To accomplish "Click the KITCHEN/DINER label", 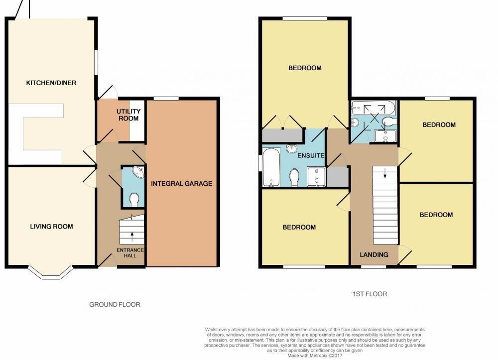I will (51, 83).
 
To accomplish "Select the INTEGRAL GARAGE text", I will (182, 184).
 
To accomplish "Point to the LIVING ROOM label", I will (51, 227).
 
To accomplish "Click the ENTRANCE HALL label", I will (130, 253).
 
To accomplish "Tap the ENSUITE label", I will (311, 156).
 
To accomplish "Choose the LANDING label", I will (374, 254).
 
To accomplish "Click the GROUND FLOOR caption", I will (115, 304).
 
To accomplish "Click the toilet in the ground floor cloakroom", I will (133, 200).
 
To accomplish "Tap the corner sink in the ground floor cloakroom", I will (137, 172).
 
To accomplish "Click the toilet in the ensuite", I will (294, 177).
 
